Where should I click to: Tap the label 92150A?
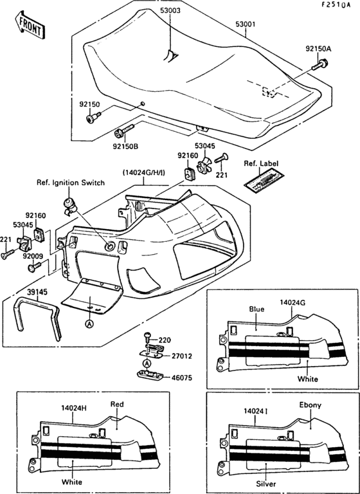click(x=318, y=49)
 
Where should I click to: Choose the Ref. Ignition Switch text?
click(x=71, y=183)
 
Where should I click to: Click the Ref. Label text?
click(x=261, y=164)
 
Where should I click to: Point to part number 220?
click(x=165, y=339)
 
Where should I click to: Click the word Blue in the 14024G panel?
click(x=257, y=309)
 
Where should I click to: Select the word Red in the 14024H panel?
click(x=116, y=405)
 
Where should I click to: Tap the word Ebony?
click(x=310, y=405)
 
